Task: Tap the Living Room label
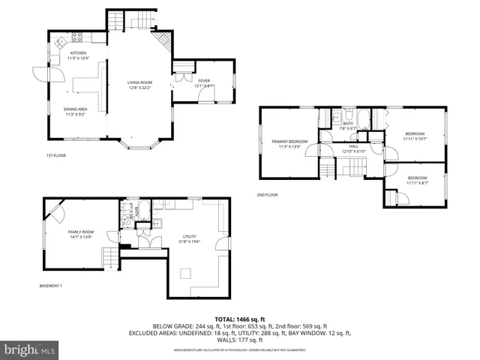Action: (x=139, y=85)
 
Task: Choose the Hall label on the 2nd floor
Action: (x=352, y=149)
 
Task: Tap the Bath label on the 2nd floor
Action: (x=348, y=125)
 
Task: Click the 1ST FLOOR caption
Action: (x=56, y=156)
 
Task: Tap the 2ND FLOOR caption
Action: (x=267, y=195)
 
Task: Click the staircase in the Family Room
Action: (x=110, y=259)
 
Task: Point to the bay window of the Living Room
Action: (x=139, y=142)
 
